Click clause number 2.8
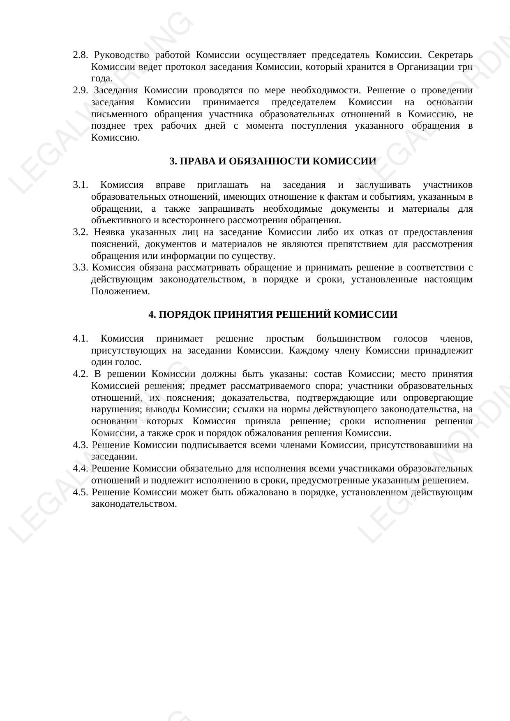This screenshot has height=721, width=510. point(80,55)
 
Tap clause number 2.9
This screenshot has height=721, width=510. point(80,90)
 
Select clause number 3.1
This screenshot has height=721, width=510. point(81,185)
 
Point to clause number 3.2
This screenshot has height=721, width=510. point(81,232)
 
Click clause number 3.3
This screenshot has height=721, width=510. point(81,268)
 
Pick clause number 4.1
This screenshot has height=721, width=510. point(81,339)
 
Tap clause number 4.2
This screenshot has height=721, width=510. point(81,374)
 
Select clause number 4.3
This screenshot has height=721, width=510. point(81,445)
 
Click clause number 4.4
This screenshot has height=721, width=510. point(81,469)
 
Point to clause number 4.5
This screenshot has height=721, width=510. point(81,492)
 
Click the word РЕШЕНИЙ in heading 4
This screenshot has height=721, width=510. point(302,315)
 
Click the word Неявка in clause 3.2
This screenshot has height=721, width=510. point(108,232)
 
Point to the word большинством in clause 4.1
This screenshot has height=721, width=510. point(348,339)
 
